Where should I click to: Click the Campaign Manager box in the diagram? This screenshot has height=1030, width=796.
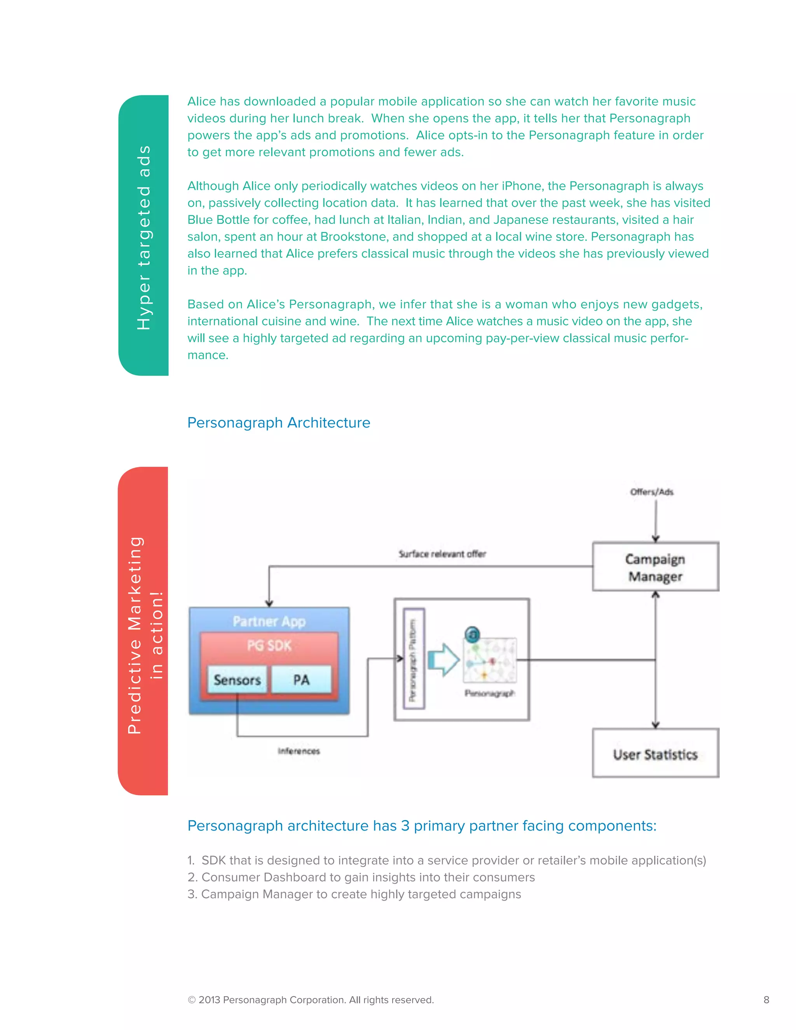pos(655,566)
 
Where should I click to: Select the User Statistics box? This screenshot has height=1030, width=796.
pos(655,753)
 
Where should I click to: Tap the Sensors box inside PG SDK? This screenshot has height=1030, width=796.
pos(237,679)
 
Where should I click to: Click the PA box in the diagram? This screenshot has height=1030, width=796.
pos(301,679)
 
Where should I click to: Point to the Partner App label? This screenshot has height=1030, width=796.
pos(269,621)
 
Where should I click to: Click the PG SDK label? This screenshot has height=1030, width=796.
pos(269,645)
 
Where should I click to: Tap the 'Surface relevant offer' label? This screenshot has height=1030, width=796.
pos(442,553)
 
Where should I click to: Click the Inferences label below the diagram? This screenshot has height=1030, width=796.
pos(298,751)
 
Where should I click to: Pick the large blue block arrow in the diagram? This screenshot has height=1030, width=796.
pos(443,659)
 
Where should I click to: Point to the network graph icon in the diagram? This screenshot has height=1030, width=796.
pos(489,659)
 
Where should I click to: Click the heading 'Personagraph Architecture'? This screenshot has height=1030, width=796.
pos(279,422)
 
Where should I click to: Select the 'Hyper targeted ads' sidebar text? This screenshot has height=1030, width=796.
pos(144,237)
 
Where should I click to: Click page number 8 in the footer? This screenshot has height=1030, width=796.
pos(766,1000)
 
